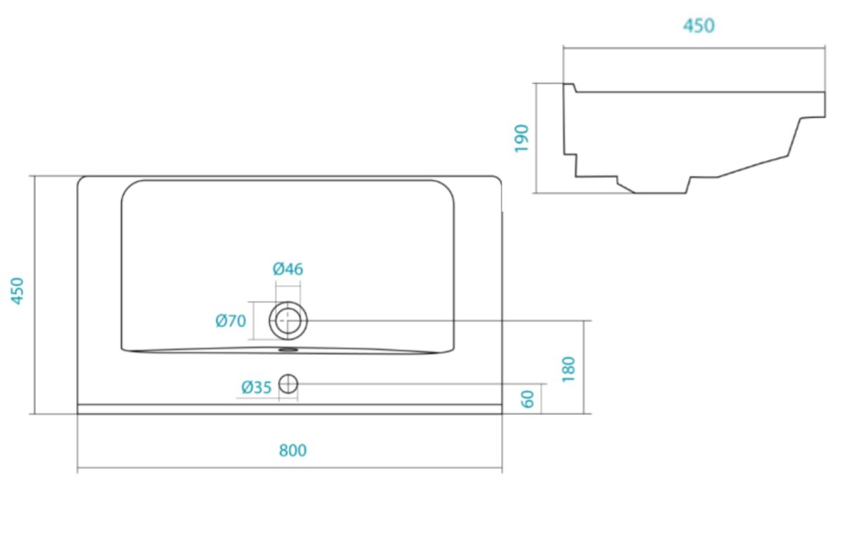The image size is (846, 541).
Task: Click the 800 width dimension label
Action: pyautogui.click(x=293, y=450)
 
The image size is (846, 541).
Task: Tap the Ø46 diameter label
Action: pyautogui.click(x=288, y=269)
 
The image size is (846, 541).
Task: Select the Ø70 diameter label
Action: pyautogui.click(x=231, y=321)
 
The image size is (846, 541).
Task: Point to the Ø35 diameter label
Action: pyautogui.click(x=257, y=387)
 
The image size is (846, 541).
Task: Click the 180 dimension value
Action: pyautogui.click(x=568, y=369)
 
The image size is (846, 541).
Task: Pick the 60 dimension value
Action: pyautogui.click(x=527, y=399)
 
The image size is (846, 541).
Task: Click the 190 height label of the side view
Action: pyautogui.click(x=522, y=139)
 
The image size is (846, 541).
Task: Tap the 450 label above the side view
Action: pyautogui.click(x=699, y=25)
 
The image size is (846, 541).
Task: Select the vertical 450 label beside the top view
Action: pyautogui.click(x=17, y=291)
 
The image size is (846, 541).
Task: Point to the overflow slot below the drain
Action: pyautogui.click(x=288, y=349)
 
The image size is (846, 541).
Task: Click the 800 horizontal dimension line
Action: pyautogui.click(x=290, y=468)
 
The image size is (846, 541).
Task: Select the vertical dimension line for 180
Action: pyautogui.click(x=584, y=367)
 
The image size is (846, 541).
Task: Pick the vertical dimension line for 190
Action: pyautogui.click(x=537, y=138)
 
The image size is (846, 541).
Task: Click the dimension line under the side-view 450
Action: pyautogui.click(x=694, y=49)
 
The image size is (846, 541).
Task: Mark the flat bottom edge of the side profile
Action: pyautogui.click(x=660, y=193)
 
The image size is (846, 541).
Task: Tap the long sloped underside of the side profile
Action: pyautogui.click(x=753, y=166)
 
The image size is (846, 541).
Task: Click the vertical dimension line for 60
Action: pyautogui.click(x=541, y=399)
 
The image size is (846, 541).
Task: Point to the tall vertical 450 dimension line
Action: pyautogui.click(x=35, y=294)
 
